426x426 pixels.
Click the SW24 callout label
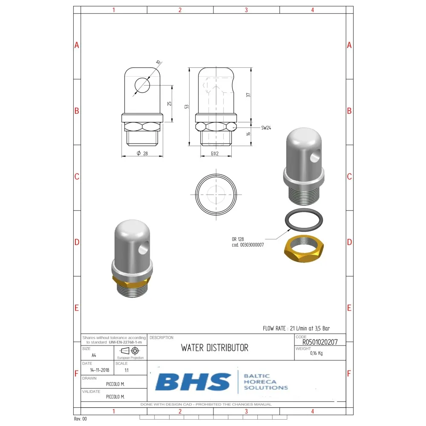(x=266, y=128)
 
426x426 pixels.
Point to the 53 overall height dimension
(x=187, y=106)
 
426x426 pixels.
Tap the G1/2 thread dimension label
(x=215, y=153)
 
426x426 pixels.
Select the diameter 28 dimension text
(x=142, y=153)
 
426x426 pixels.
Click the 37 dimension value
(x=248, y=95)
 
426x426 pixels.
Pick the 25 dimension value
(x=169, y=104)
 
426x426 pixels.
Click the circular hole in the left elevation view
(x=142, y=85)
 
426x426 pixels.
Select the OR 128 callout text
(x=238, y=239)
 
